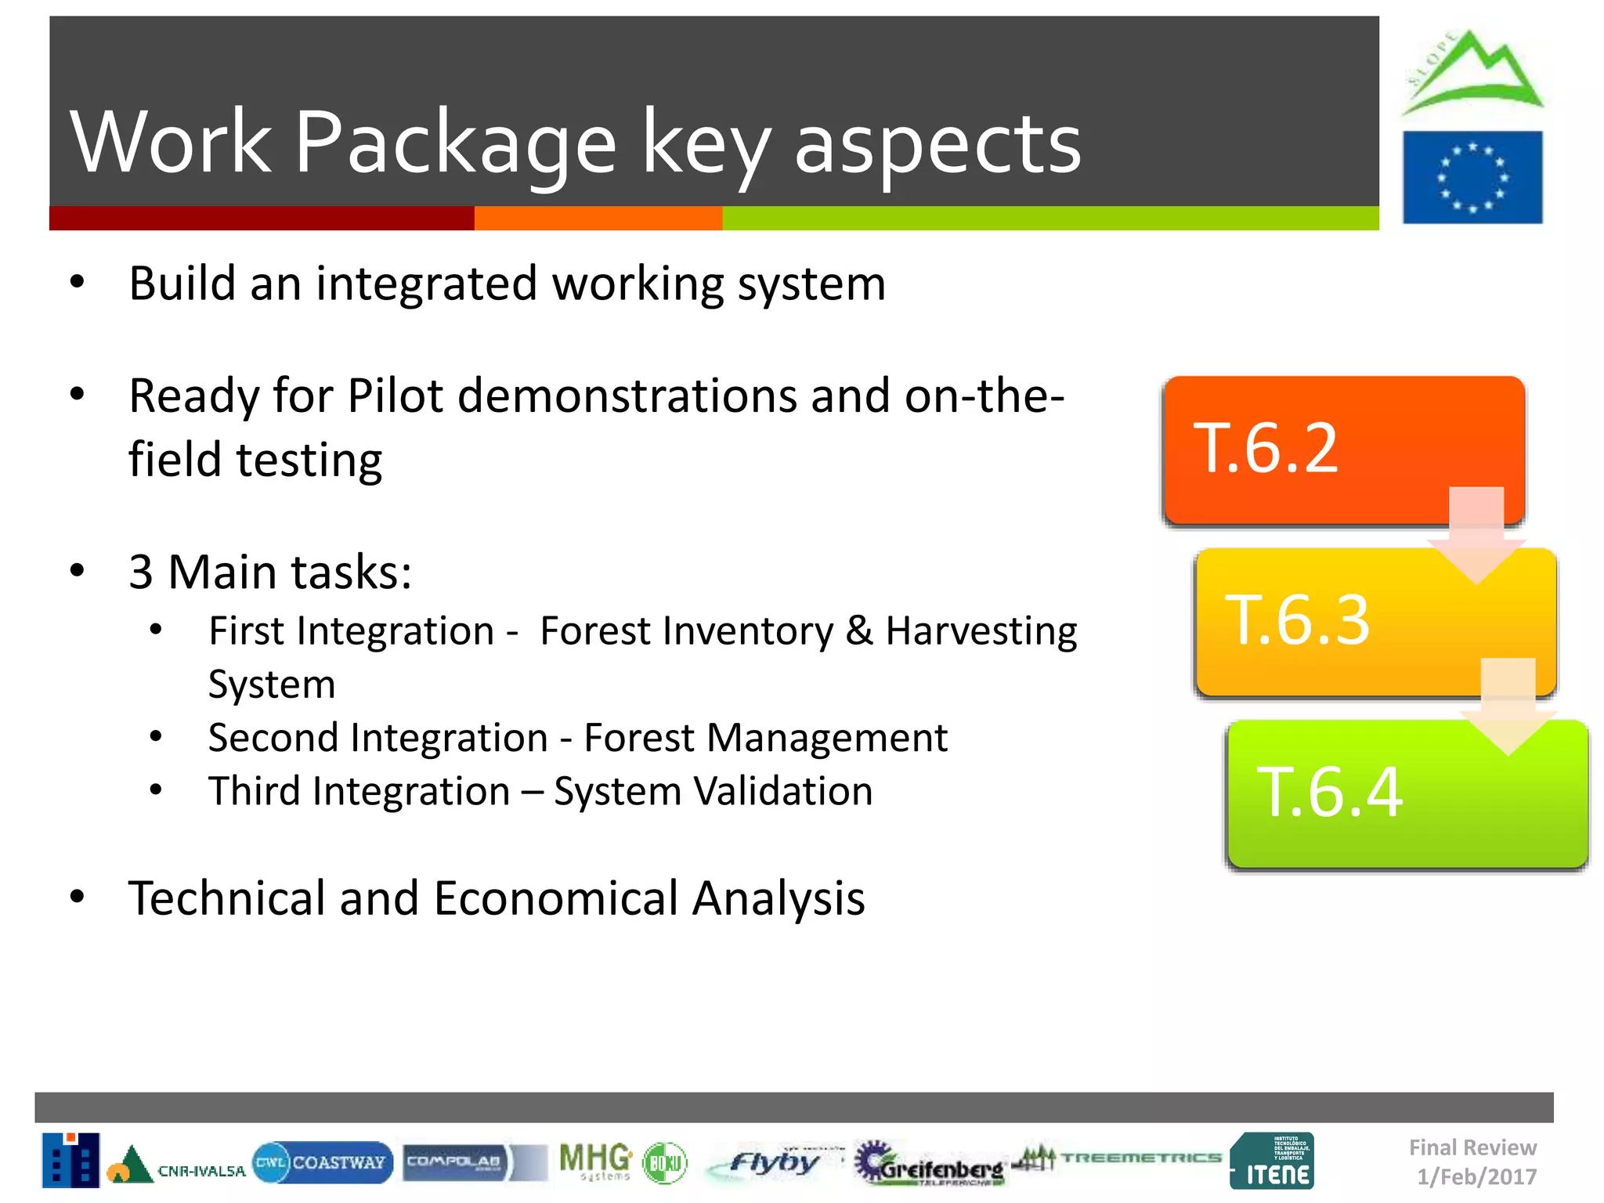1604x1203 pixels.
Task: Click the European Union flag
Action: click(1472, 177)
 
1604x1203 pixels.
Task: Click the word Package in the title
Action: click(455, 143)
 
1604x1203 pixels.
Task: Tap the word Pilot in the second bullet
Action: click(396, 396)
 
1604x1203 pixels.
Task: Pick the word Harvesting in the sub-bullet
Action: click(981, 631)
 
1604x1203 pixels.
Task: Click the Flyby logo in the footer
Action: click(771, 1163)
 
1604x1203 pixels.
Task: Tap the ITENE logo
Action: click(1272, 1161)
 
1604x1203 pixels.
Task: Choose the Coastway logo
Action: click(323, 1162)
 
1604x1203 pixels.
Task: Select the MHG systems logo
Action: click(595, 1161)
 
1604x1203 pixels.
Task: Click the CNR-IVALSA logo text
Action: click(200, 1171)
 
